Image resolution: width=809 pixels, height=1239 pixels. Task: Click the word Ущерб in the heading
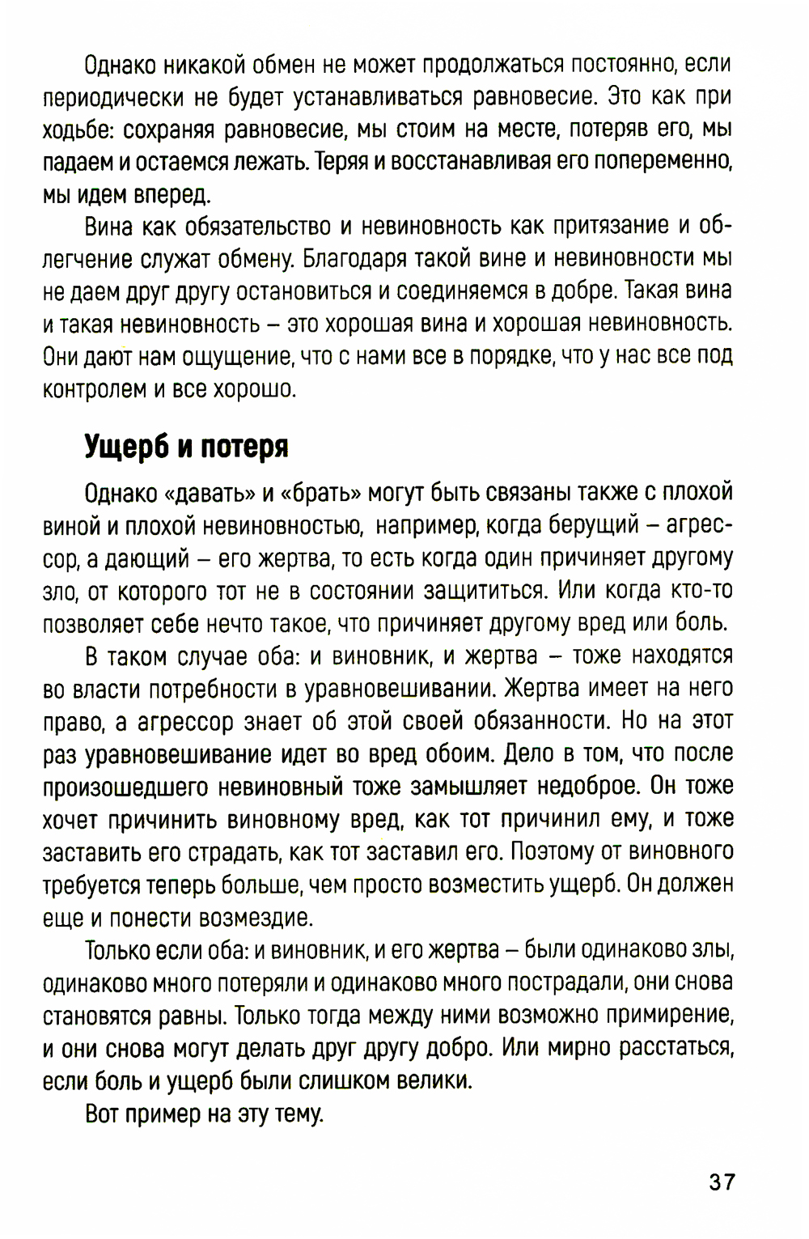(126, 448)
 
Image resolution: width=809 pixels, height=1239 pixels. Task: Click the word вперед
(171, 195)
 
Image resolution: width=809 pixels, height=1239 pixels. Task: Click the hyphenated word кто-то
(701, 591)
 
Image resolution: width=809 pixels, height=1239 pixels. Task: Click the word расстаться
(676, 1047)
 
